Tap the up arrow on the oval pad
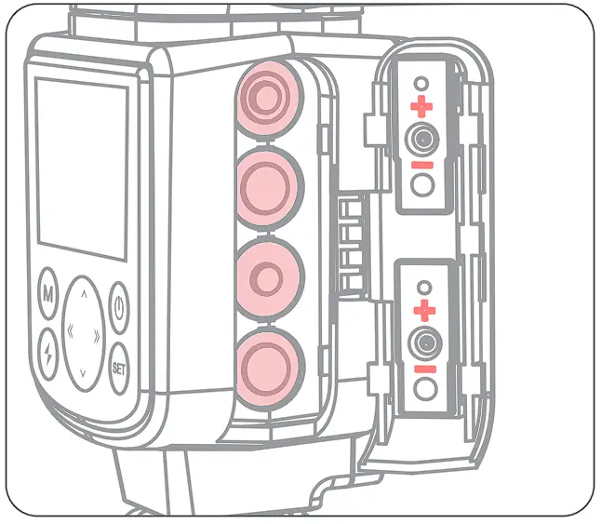click(x=84, y=294)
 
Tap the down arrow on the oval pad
click(x=84, y=372)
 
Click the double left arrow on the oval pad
click(x=67, y=332)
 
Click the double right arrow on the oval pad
click(x=100, y=332)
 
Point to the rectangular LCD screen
click(x=82, y=168)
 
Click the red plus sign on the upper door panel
click(x=423, y=106)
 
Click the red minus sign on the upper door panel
click(x=423, y=165)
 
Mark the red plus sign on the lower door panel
click(x=424, y=310)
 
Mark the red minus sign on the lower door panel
click(x=424, y=369)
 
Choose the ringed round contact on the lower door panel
click(x=424, y=342)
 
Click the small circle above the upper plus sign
click(x=423, y=83)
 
